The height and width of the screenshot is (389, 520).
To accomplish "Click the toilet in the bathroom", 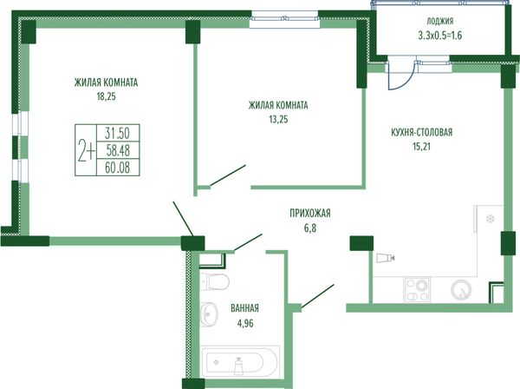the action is (215, 281).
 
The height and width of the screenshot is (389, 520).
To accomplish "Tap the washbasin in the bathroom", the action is (209, 313).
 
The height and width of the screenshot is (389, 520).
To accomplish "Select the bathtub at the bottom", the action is (240, 361).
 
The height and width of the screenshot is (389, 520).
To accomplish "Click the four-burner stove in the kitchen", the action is (417, 290).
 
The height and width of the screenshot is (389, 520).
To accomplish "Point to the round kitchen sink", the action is (461, 290).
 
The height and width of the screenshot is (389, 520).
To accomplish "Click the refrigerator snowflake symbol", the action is (491, 219).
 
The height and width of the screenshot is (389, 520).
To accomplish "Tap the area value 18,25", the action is (106, 96).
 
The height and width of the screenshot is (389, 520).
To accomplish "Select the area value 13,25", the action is (278, 120).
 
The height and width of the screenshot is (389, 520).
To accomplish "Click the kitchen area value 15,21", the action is (421, 147).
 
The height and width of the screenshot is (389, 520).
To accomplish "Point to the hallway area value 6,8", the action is (310, 228).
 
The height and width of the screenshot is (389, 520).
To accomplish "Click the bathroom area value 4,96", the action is (245, 323).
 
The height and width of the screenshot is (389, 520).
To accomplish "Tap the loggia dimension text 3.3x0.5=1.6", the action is (440, 36).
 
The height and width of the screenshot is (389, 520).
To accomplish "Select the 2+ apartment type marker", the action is (86, 150).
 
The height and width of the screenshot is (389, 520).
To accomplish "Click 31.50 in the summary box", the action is (117, 134).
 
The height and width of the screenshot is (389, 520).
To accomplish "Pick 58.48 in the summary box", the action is (118, 151).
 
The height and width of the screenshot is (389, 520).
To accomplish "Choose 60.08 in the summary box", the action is (117, 168).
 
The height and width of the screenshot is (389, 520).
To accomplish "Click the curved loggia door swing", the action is (409, 81).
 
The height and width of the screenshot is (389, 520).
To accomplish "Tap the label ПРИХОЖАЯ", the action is (310, 213).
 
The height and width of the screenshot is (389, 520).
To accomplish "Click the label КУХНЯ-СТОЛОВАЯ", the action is (421, 133).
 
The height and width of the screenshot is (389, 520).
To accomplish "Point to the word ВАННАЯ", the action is (244, 308).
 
